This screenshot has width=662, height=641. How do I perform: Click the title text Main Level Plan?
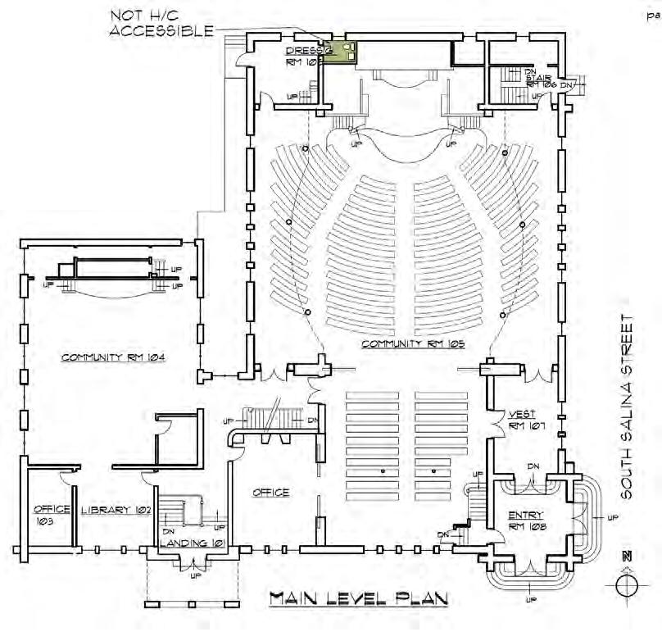pyautogui.click(x=359, y=599)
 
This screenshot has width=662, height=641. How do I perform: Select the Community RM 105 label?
pyautogui.click(x=413, y=344)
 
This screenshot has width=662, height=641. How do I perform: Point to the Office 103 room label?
pyautogui.click(x=51, y=515)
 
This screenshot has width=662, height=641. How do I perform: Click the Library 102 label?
pyautogui.click(x=116, y=509)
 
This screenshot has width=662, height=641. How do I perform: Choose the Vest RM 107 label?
pyautogui.click(x=521, y=420)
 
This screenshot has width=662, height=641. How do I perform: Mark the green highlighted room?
pyautogui.click(x=339, y=53)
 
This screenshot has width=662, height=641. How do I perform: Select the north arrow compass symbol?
pyautogui.click(x=628, y=583)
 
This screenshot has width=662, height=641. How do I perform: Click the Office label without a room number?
pyautogui.click(x=270, y=492)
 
